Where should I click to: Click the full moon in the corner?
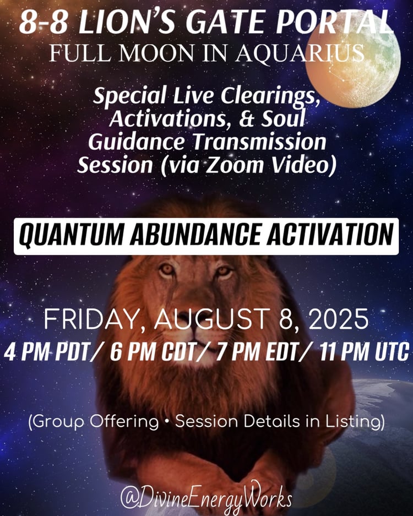(353, 62)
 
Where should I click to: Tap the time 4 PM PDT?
(47, 352)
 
